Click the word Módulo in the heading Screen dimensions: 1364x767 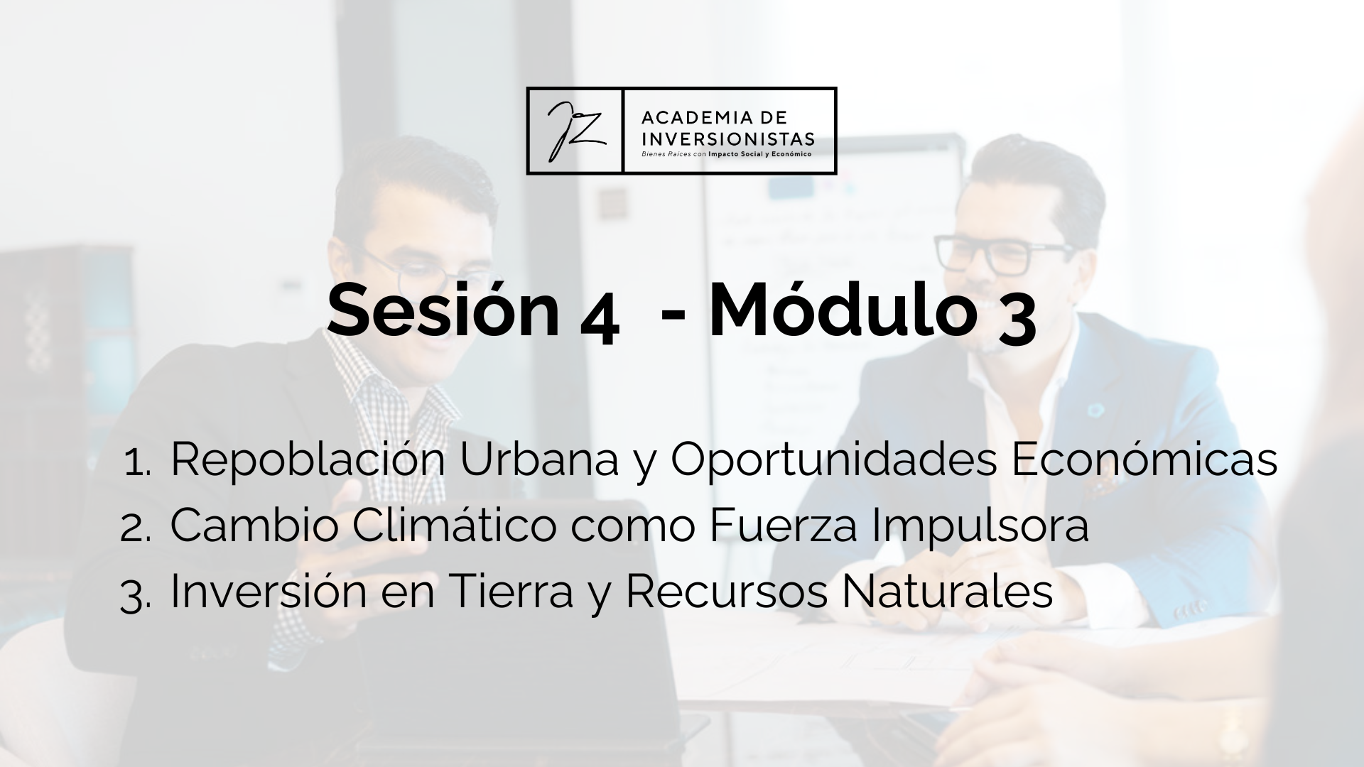[840, 310]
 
